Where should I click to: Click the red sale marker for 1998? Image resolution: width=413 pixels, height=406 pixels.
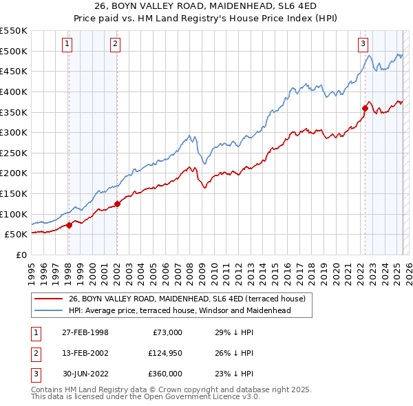click(69, 225)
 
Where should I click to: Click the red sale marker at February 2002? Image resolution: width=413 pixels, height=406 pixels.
click(117, 204)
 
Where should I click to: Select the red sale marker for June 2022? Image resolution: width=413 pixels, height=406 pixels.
click(365, 108)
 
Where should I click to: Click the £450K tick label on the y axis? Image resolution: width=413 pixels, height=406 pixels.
click(13, 71)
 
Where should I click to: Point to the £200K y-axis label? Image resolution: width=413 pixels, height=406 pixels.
click(13, 173)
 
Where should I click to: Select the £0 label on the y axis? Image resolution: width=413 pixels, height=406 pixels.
click(21, 255)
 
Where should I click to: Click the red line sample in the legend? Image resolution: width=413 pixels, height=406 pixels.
click(48, 299)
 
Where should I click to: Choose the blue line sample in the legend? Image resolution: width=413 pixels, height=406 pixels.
click(48, 310)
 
